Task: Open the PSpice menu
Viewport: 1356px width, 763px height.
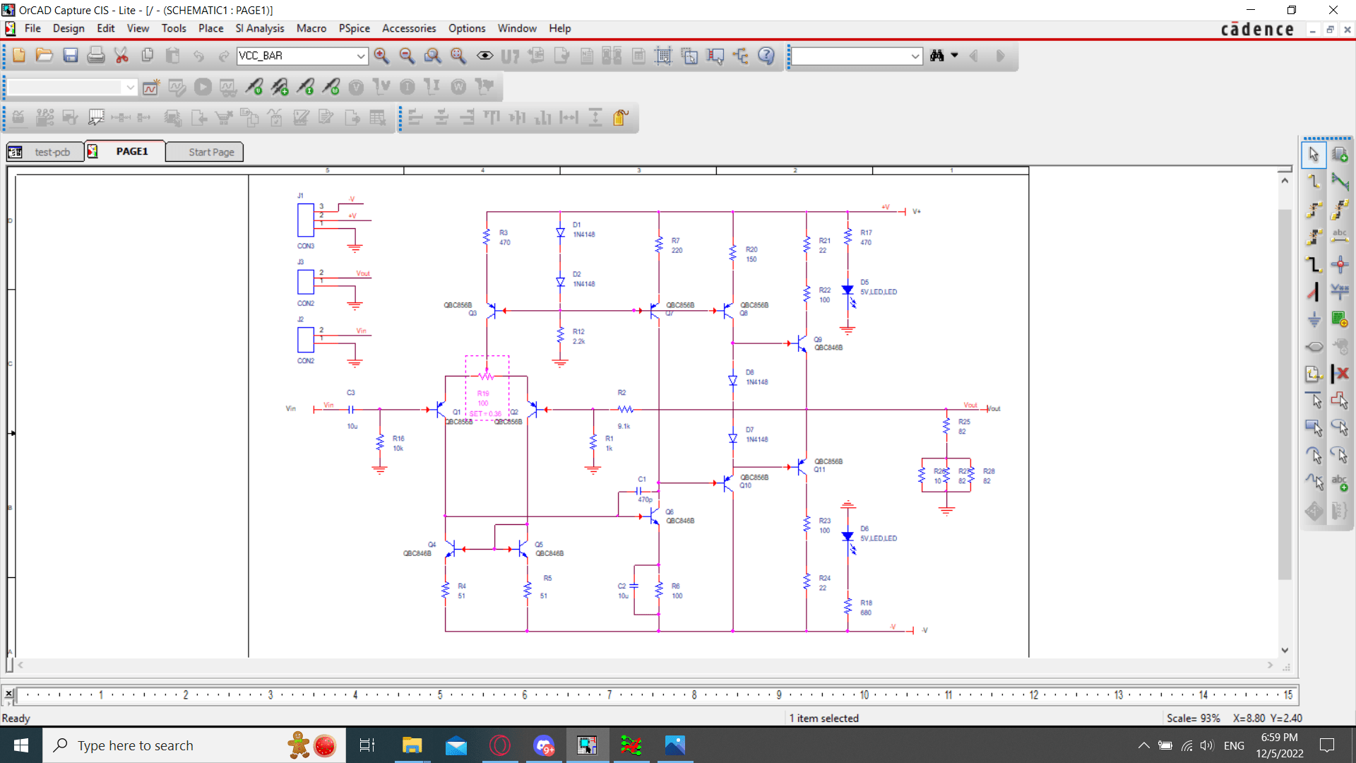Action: point(354,28)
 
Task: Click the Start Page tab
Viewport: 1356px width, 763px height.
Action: point(210,152)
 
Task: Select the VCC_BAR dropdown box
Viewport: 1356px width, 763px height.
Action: point(302,56)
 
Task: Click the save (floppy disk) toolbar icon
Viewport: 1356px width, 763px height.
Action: point(70,56)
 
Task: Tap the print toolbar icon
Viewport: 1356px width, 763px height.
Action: point(95,56)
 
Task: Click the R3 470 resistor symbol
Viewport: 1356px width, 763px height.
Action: point(487,237)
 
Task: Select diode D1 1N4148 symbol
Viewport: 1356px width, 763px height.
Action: point(560,232)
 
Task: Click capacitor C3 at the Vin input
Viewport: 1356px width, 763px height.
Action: point(351,409)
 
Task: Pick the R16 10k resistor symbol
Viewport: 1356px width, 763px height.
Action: point(380,443)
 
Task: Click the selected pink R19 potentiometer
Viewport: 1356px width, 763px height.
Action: point(487,376)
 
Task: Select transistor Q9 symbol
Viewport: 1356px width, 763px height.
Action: point(801,343)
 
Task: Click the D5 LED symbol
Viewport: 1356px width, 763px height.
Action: point(848,290)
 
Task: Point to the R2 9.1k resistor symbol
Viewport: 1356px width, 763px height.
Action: point(625,409)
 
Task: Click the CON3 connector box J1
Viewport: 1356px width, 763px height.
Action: point(306,220)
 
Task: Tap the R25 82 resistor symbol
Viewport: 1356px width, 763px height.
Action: point(946,426)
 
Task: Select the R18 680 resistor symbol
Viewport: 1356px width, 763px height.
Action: point(848,607)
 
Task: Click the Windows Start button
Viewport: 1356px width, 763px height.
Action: point(21,745)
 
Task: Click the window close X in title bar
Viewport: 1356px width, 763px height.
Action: point(1333,10)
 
